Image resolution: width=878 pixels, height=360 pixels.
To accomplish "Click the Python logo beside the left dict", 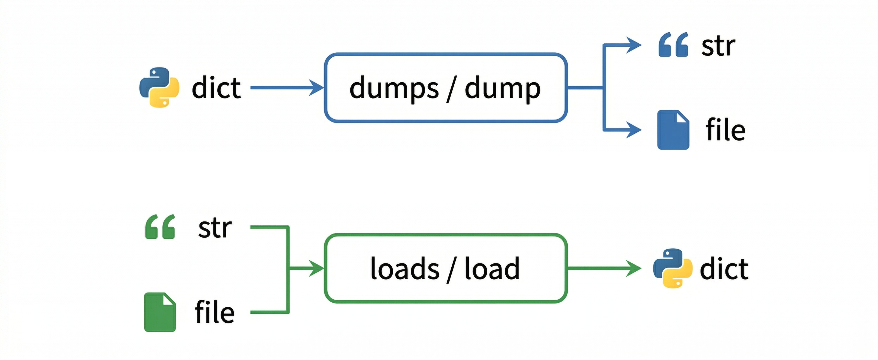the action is [x=159, y=87].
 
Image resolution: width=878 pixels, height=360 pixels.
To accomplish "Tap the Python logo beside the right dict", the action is [x=672, y=268].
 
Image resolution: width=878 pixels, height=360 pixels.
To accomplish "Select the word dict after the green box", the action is [x=724, y=269].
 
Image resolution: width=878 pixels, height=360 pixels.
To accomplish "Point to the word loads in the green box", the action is [x=405, y=269].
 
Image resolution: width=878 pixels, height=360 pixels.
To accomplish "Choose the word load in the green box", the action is [x=492, y=269].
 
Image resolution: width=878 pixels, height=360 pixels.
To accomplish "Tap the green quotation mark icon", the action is [x=160, y=226].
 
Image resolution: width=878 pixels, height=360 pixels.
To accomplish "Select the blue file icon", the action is [x=673, y=130].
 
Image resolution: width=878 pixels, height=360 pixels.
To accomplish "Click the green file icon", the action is [x=160, y=312].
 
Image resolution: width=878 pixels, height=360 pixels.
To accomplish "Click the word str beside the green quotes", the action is [x=215, y=228].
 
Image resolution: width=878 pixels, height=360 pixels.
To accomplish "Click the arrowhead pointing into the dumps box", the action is [x=316, y=88].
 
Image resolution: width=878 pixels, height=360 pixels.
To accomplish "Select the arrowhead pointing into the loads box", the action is [x=316, y=268].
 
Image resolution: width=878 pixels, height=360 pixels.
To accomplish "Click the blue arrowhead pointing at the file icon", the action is [x=634, y=130].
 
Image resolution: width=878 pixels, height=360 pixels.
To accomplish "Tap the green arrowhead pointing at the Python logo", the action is [x=634, y=268].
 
